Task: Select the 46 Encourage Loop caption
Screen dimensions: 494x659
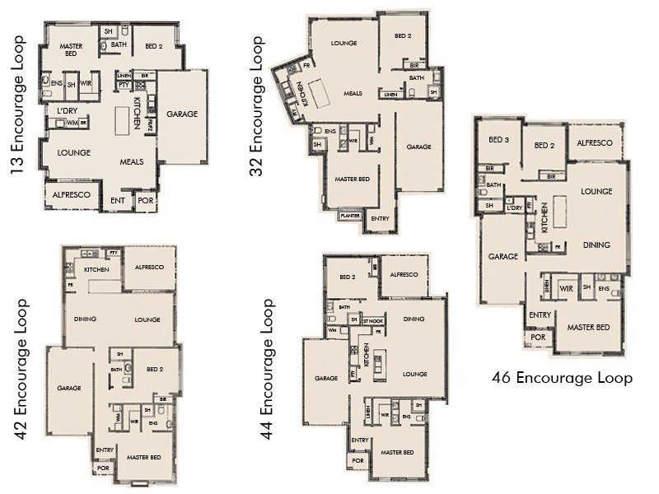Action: tap(562, 378)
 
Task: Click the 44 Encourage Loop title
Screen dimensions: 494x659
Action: tap(266, 369)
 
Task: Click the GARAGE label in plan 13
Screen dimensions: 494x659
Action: tap(182, 114)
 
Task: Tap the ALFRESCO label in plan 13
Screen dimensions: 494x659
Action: tap(70, 194)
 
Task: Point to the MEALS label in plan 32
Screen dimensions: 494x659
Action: tap(353, 93)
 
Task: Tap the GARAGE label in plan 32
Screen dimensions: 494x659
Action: tap(418, 147)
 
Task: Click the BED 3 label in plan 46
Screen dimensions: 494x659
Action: tap(498, 141)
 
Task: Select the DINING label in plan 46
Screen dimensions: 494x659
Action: tap(596, 245)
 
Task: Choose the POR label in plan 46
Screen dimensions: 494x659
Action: tap(538, 337)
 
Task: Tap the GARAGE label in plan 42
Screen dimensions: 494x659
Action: tap(68, 387)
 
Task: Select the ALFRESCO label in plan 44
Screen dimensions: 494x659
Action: tap(404, 274)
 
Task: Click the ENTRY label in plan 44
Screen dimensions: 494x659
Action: tap(360, 440)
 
